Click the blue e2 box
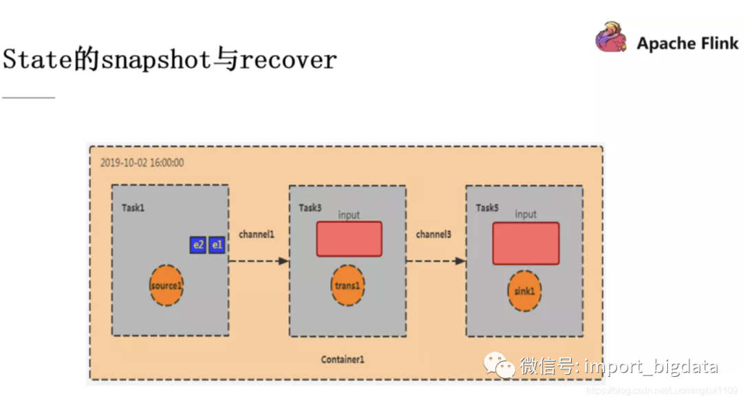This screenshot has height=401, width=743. [198, 245]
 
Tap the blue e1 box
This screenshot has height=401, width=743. [217, 245]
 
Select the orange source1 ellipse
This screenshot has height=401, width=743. [166, 285]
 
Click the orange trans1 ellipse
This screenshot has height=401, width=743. [347, 285]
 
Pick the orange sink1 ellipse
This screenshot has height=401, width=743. [524, 291]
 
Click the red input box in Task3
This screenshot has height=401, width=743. [349, 239]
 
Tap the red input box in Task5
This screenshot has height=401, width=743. [526, 243]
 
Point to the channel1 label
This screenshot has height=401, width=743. [257, 235]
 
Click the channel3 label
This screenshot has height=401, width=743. [433, 235]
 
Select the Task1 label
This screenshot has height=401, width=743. [133, 208]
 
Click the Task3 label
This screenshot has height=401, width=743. [310, 208]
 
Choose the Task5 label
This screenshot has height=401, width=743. [487, 208]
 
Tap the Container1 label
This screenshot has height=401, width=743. [343, 360]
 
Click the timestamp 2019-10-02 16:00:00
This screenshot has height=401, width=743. [142, 163]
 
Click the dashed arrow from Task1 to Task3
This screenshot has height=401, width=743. [258, 261]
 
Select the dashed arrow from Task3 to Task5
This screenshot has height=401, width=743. [435, 261]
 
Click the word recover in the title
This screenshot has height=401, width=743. [289, 60]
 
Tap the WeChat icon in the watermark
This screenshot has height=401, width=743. [499, 365]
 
